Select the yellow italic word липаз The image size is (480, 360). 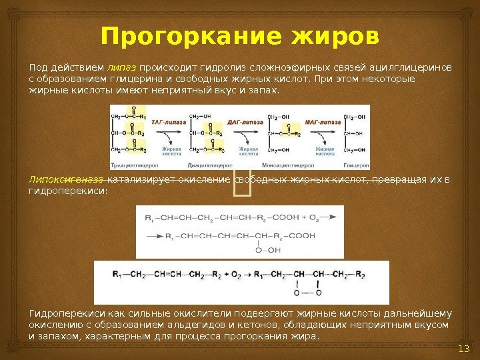121,67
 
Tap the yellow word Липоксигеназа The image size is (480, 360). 66,179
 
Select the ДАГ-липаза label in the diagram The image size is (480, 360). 244,123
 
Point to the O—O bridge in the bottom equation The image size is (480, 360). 307,292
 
